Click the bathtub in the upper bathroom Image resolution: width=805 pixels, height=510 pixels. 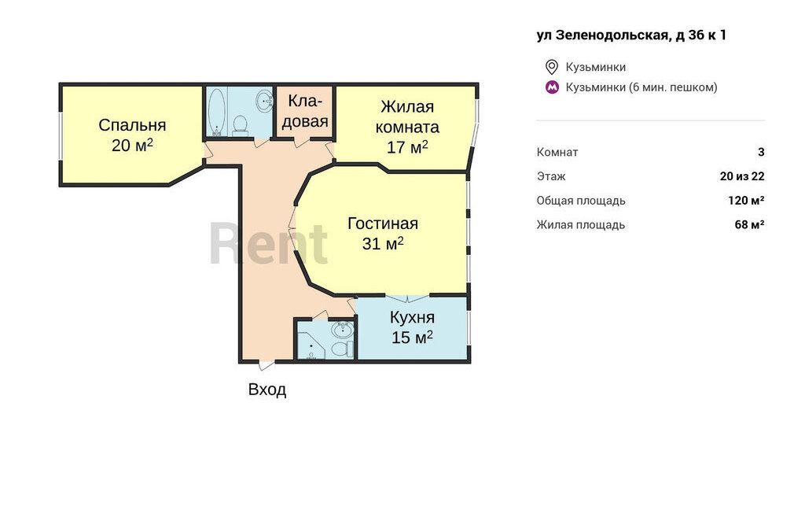point(217,112)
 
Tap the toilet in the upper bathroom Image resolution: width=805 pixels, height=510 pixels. point(240,126)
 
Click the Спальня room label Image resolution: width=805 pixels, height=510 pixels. point(132,125)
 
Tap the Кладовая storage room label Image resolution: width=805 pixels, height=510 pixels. point(305,111)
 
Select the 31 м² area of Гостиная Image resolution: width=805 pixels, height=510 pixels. point(383,243)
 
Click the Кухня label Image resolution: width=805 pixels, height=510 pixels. point(412,317)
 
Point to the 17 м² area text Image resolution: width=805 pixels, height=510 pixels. point(407,147)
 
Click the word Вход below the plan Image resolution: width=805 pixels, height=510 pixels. point(267,390)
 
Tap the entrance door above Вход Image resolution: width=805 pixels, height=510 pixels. point(267,364)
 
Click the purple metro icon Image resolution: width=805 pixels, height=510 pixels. point(552,87)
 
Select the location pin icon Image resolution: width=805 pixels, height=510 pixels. point(551,67)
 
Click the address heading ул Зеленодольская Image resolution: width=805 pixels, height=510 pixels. point(631,35)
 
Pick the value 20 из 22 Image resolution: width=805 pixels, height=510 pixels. point(742,176)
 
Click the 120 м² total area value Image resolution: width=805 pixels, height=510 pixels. point(746,200)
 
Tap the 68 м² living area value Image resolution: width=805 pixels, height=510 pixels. point(749,224)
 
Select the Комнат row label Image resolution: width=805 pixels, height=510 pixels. point(557,152)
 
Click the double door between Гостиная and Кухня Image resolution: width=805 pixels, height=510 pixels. point(408,297)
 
